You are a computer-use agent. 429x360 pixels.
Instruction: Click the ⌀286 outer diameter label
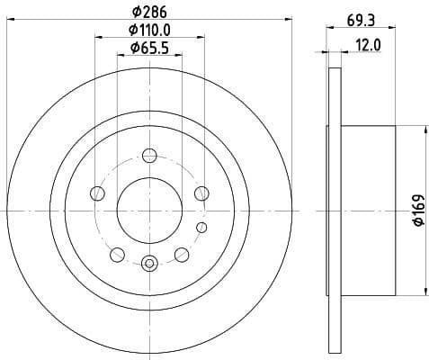(x=149, y=13)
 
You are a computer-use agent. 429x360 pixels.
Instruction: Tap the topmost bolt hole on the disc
(x=149, y=156)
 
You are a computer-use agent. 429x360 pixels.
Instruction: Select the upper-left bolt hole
(x=97, y=192)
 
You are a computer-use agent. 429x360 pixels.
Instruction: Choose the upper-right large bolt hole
(x=201, y=192)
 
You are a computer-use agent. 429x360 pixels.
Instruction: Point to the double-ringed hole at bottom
(x=149, y=262)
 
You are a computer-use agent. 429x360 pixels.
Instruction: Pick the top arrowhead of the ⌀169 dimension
(x=424, y=131)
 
